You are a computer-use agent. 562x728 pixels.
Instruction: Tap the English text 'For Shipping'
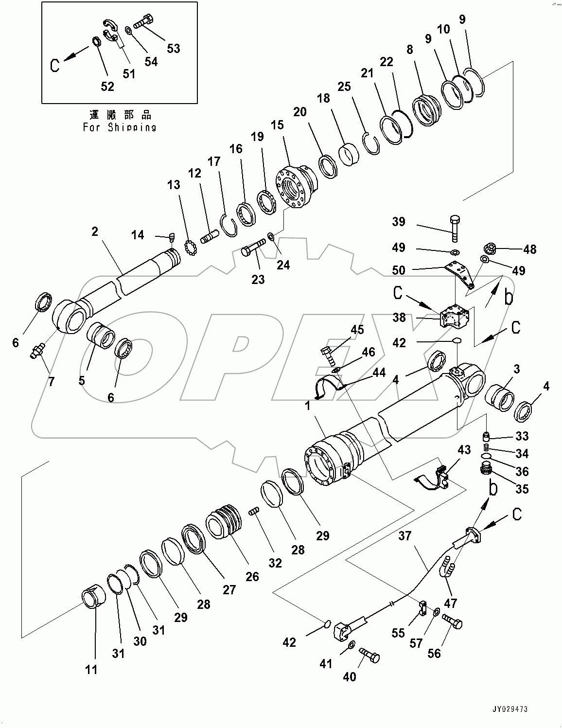pos(120,127)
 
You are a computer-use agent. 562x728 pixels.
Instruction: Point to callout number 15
pos(277,125)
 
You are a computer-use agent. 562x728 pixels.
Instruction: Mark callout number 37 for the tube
pos(405,536)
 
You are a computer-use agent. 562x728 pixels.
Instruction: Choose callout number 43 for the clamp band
pos(464,450)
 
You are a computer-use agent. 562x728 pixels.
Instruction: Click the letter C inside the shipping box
pos(55,65)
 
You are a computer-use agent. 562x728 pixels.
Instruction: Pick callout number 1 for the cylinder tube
pos(307,405)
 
